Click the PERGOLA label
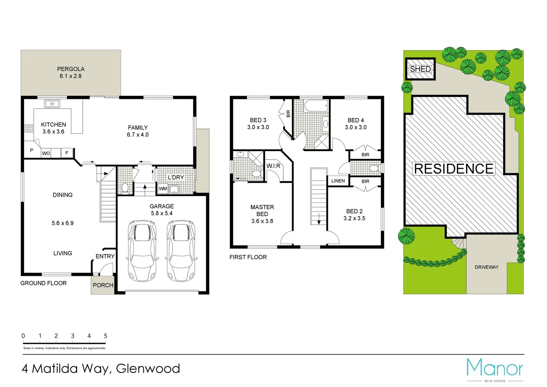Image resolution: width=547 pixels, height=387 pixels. pyautogui.click(x=71, y=69)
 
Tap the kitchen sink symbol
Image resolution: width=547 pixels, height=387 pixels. pyautogui.click(x=52, y=104)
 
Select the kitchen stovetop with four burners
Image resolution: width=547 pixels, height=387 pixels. pyautogui.click(x=29, y=128)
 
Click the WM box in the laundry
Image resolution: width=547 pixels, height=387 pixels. pyautogui.click(x=163, y=188)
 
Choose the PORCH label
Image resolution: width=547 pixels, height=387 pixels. pyautogui.click(x=103, y=285)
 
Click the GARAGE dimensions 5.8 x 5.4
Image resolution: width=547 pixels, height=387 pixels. pyautogui.click(x=162, y=213)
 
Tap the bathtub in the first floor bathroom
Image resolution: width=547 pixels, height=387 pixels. pyautogui.click(x=316, y=105)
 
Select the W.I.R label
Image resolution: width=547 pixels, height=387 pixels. pyautogui.click(x=273, y=166)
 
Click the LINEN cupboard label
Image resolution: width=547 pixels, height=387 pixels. pyautogui.click(x=338, y=181)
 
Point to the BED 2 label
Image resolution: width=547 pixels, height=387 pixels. pyautogui.click(x=354, y=211)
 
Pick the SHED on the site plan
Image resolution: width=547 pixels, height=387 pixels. pyautogui.click(x=420, y=69)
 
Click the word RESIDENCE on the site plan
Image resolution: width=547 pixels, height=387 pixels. pyautogui.click(x=454, y=169)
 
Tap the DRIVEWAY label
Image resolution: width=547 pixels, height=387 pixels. pyautogui.click(x=487, y=267)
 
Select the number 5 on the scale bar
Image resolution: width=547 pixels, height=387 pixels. pyautogui.click(x=106, y=336)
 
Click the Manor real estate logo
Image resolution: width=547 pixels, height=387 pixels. pyautogui.click(x=495, y=369)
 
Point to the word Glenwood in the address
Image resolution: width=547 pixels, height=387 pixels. pyautogui.click(x=148, y=368)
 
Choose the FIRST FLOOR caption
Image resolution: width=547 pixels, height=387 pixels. pyautogui.click(x=248, y=257)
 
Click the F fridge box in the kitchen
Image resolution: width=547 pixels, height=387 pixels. pyautogui.click(x=67, y=153)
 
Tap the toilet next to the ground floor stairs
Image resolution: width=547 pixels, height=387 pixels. pyautogui.click(x=125, y=187)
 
